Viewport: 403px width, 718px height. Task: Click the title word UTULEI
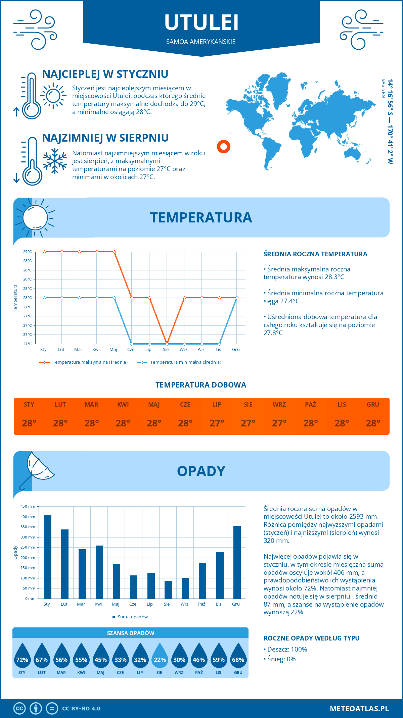click(x=201, y=22)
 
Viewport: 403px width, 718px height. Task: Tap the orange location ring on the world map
click(x=224, y=147)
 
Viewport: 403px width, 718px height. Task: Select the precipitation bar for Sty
click(x=48, y=557)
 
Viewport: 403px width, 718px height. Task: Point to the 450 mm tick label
click(x=28, y=506)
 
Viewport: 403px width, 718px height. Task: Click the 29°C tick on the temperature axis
click(x=28, y=252)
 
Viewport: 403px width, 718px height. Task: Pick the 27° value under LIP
click(x=217, y=423)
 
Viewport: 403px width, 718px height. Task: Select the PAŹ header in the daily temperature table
click(x=310, y=405)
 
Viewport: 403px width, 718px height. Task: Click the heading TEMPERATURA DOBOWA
click(x=201, y=385)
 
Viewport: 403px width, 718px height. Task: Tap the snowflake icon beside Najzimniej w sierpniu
click(x=55, y=161)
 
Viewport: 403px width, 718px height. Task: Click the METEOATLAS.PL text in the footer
click(x=359, y=709)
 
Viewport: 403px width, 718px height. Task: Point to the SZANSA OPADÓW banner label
click(x=131, y=633)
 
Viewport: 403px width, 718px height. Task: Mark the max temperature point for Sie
click(x=167, y=344)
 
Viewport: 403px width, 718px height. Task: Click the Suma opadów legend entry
click(x=133, y=617)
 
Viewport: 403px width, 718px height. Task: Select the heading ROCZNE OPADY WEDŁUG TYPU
click(x=311, y=638)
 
